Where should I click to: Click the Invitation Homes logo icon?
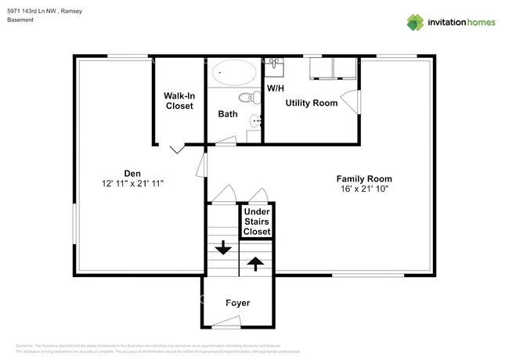(415, 22)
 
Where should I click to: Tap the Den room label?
(132, 173)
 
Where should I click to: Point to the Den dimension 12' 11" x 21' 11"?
(132, 182)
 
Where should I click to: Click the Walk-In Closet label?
(179, 101)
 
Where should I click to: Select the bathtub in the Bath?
(235, 73)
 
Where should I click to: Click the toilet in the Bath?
(248, 98)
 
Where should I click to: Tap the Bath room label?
(228, 114)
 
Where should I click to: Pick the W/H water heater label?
(276, 88)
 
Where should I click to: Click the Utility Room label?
(311, 103)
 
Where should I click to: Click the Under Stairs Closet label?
(257, 222)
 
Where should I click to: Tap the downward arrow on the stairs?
(223, 247)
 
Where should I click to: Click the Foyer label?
(237, 303)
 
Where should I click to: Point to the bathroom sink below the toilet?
(254, 121)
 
